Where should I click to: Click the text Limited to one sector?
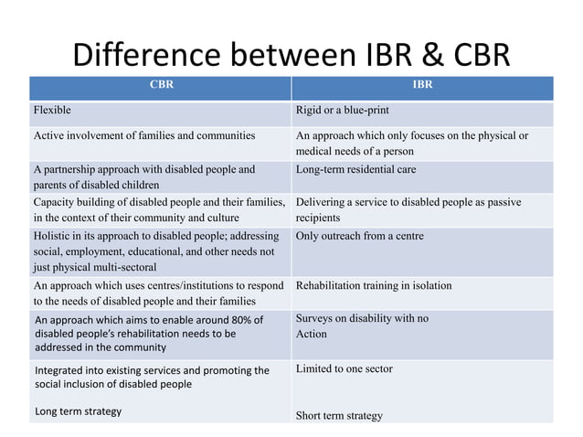pyautogui.click(x=344, y=368)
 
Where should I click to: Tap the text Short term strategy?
pyautogui.click(x=339, y=416)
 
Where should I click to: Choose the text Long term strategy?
pyautogui.click(x=78, y=411)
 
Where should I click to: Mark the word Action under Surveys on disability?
pyautogui.click(x=312, y=334)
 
